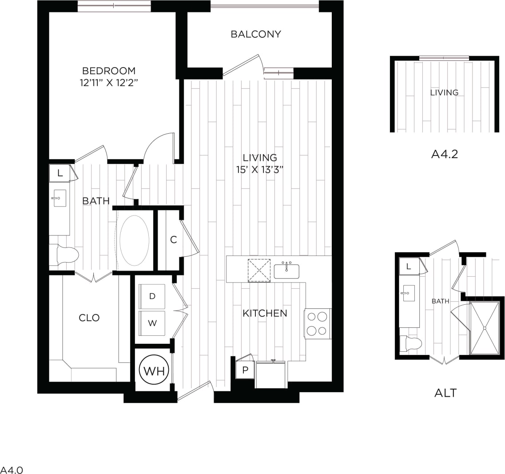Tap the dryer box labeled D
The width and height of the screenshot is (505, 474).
pyautogui.click(x=152, y=296)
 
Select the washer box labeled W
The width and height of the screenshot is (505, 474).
pyautogui.click(x=152, y=323)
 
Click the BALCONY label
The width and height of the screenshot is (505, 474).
pyautogui.click(x=256, y=34)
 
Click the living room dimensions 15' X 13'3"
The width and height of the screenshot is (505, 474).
pyautogui.click(x=260, y=169)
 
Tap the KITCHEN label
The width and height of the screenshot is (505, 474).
pyautogui.click(x=265, y=314)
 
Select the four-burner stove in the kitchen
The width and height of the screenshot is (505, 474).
pyautogui.click(x=318, y=323)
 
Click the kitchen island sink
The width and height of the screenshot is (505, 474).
pyautogui.click(x=286, y=271)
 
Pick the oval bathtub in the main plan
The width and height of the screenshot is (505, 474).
pyautogui.click(x=133, y=240)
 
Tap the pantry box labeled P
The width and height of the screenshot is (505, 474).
pyautogui.click(x=245, y=369)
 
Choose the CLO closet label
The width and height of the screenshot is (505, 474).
pyautogui.click(x=89, y=318)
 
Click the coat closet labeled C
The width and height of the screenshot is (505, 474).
pyautogui.click(x=174, y=239)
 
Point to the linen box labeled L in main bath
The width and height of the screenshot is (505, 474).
pyautogui.click(x=60, y=174)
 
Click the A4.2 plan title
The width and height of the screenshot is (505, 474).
pyautogui.click(x=445, y=154)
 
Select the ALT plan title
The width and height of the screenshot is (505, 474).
pyautogui.click(x=445, y=393)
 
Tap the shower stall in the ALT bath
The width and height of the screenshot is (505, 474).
pyautogui.click(x=484, y=327)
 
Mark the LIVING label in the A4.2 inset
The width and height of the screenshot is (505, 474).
pyautogui.click(x=444, y=92)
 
